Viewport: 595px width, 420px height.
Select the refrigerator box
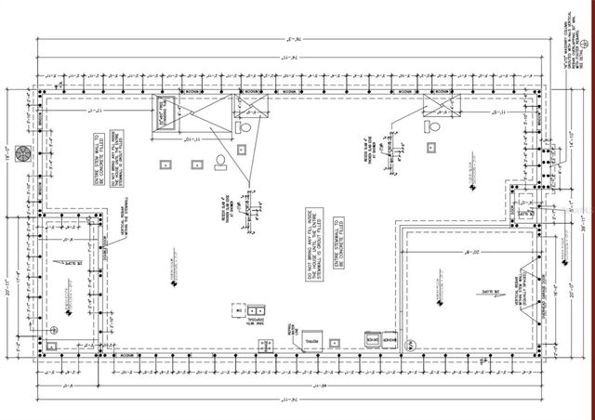pos(310,339)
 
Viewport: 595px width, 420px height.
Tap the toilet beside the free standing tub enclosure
pos(244,125)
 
